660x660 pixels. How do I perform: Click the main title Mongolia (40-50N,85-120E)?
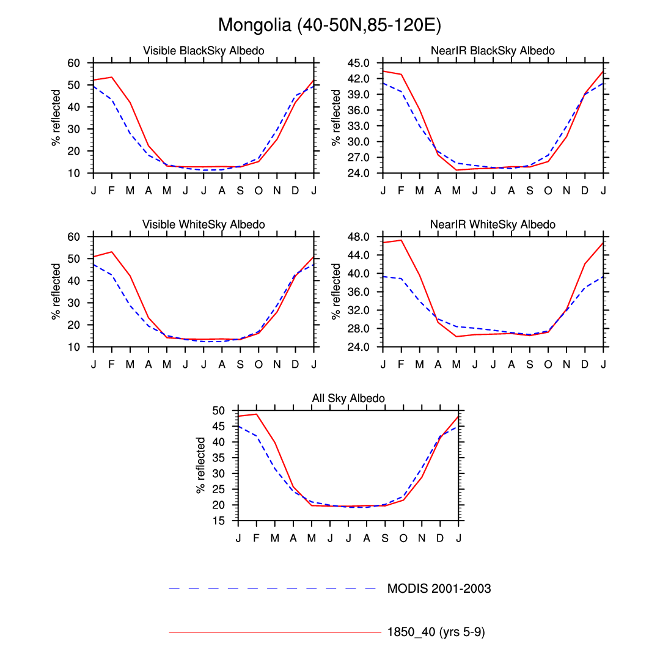329,25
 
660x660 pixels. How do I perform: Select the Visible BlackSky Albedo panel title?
204,51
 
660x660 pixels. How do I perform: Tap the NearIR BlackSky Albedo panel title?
493,51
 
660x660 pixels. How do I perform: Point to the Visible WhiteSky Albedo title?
204,224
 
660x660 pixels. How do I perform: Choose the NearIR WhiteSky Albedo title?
493,224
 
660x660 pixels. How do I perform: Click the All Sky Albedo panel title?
348,398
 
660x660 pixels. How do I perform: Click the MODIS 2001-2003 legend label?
439,588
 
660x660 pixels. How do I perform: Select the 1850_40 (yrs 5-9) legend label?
436,632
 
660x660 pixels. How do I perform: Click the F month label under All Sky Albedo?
257,538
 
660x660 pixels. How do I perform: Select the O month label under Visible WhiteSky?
258,364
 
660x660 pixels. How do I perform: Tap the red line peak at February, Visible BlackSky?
112,77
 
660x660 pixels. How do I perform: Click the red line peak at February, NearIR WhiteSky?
402,240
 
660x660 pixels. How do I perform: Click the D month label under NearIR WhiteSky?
585,364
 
